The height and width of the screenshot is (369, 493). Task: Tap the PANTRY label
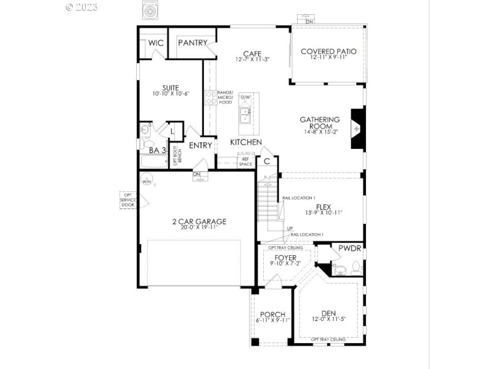point(192,43)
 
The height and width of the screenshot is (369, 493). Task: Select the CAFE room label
point(253,54)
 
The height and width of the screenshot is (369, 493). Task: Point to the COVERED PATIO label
point(328,52)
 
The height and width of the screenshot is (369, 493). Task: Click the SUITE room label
point(171,87)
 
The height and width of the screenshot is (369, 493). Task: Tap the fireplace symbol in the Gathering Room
point(357,129)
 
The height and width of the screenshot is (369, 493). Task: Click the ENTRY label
point(201,146)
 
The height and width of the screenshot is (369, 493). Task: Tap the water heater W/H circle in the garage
point(147,181)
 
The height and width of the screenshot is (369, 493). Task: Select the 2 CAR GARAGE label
point(199,221)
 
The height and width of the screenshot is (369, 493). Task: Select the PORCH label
point(272,314)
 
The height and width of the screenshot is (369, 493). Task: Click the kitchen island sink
point(245,113)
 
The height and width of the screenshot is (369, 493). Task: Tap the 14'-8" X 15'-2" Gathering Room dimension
point(320,132)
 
